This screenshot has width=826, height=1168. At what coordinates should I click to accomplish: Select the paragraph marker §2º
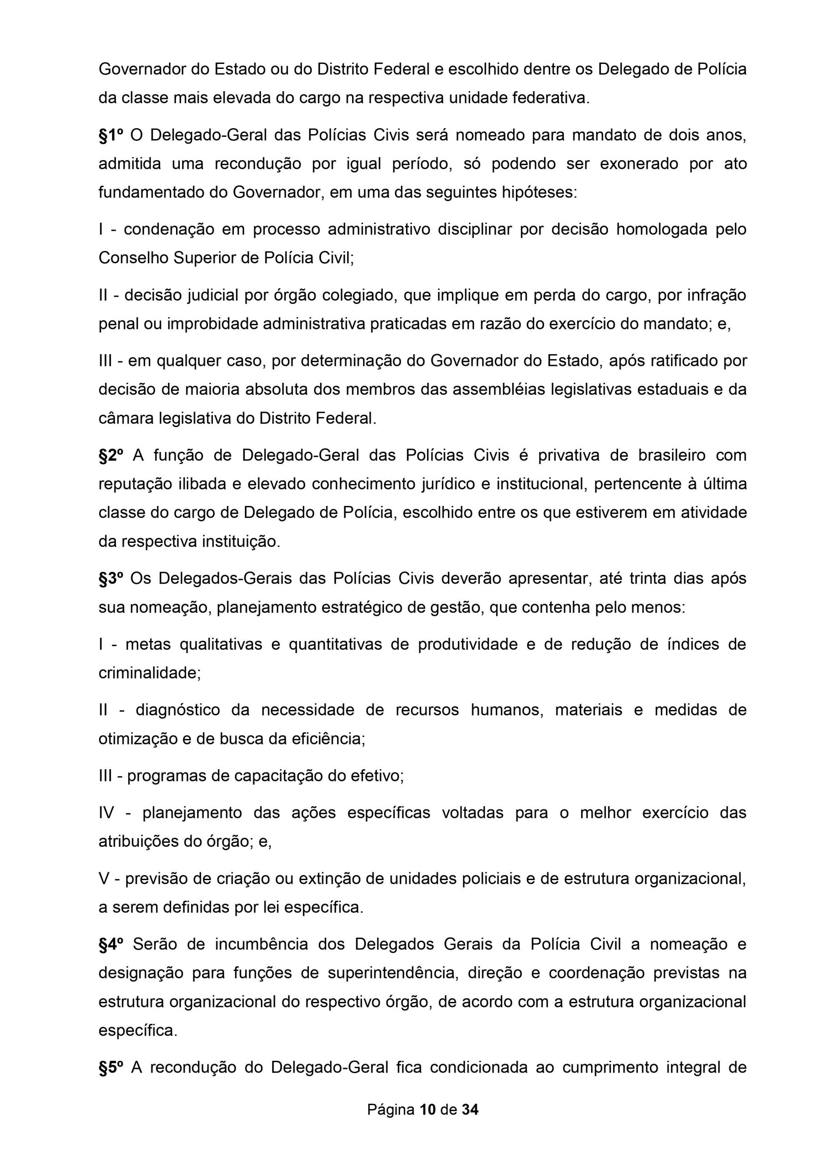coord(111,455)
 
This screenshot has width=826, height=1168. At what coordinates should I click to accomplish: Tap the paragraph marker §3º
coord(111,579)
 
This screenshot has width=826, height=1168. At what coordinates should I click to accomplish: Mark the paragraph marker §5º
coord(111,1067)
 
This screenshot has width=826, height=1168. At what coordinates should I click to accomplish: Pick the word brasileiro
coord(672,455)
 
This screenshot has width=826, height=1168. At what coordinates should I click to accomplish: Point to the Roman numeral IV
coord(107,813)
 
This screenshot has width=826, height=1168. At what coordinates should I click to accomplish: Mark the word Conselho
coord(133,258)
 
